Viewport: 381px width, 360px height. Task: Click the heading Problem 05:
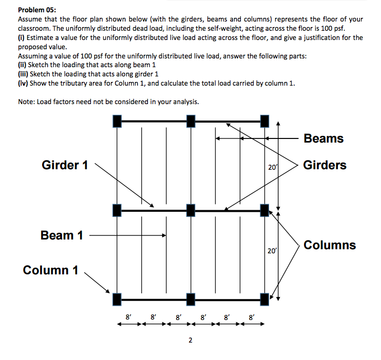pos(37,10)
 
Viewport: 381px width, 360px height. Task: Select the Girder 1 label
pos(65,165)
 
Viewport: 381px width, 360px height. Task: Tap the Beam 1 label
pos(62,235)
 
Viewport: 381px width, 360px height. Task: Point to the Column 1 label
pos(50,270)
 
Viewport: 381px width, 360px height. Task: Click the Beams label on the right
pos(323,138)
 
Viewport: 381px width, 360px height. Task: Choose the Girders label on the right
pos(325,165)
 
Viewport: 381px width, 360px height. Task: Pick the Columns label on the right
pos(330,245)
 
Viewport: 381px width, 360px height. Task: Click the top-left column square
pos(117,121)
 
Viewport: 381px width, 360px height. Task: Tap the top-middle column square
pos(190,121)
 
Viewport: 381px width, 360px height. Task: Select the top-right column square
pos(264,121)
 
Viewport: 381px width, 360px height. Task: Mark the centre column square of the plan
pos(190,210)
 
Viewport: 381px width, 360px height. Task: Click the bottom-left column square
pos(117,299)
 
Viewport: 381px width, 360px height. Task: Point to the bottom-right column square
pos(264,299)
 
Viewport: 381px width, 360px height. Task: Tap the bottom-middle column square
pos(190,299)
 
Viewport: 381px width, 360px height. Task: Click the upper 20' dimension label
pos(272,167)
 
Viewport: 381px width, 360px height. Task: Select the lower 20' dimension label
pos(272,251)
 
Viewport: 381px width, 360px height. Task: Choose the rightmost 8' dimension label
pos(251,317)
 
